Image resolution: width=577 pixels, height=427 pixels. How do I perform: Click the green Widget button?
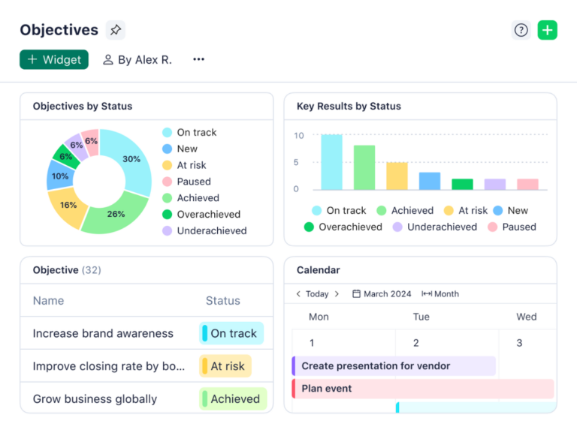(54, 60)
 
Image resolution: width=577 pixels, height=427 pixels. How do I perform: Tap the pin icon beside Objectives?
(115, 30)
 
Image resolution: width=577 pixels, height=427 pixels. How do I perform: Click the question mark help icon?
(521, 30)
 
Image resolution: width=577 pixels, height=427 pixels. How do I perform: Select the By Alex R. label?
(137, 60)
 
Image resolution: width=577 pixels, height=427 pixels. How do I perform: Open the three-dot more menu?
(198, 60)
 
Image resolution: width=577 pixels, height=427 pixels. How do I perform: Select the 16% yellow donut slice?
(68, 206)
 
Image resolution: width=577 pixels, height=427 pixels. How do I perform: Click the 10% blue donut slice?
(59, 176)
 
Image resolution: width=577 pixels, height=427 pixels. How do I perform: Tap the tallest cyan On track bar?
(331, 162)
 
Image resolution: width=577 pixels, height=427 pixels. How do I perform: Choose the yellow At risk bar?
(397, 176)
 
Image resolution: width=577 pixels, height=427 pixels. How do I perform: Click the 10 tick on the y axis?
(299, 136)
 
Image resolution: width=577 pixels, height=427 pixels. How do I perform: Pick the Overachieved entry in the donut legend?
(208, 215)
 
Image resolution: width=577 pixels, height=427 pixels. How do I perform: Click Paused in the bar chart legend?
(519, 227)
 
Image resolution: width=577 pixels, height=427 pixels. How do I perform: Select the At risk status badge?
(225, 366)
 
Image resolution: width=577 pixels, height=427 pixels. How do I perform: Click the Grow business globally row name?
(95, 399)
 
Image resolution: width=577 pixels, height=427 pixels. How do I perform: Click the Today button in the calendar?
(317, 294)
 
